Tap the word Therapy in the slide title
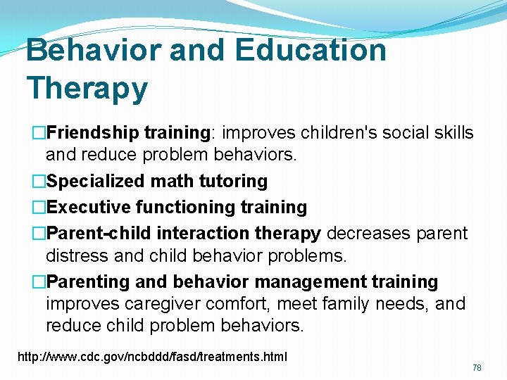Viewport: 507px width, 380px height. (x=87, y=89)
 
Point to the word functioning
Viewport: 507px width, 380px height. (x=188, y=207)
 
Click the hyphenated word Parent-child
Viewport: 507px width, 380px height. (x=99, y=233)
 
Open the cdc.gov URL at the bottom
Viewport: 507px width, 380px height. (x=152, y=357)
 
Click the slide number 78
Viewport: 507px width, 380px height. (x=477, y=367)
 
